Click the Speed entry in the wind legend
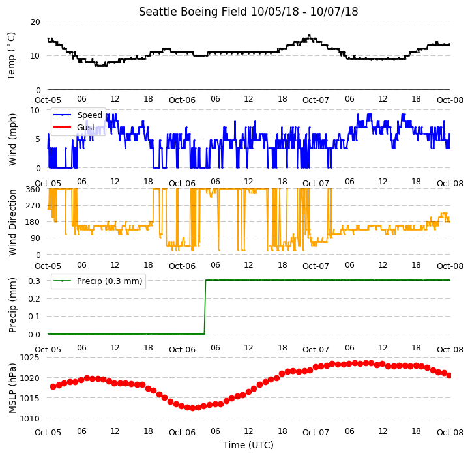tap(78, 115)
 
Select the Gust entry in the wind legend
tap(74, 127)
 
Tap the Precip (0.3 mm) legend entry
tap(98, 281)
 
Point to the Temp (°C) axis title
tap(11, 56)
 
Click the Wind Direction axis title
tap(12, 222)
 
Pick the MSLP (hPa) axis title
tap(12, 388)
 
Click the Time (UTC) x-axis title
tap(248, 445)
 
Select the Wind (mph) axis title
tap(12, 139)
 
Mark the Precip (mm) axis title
tap(12, 305)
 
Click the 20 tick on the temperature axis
tap(35, 22)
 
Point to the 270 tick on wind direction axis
tap(33, 206)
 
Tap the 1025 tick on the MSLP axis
tap(30, 358)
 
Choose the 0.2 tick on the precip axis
tap(34, 299)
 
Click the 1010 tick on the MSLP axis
tap(30, 418)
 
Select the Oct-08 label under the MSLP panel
tap(450, 432)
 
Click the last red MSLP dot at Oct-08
tap(449, 375)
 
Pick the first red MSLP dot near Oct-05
tap(53, 386)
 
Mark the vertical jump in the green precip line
tap(205, 307)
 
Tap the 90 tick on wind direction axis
tap(35, 238)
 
